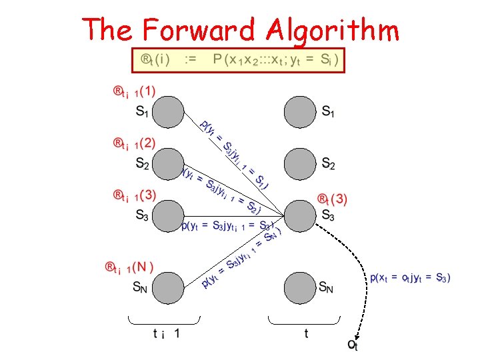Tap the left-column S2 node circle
(x=169, y=162)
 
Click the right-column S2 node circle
(x=300, y=162)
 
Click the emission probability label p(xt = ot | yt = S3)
(x=410, y=277)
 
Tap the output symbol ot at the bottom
(x=353, y=345)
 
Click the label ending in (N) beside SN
(x=129, y=268)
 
